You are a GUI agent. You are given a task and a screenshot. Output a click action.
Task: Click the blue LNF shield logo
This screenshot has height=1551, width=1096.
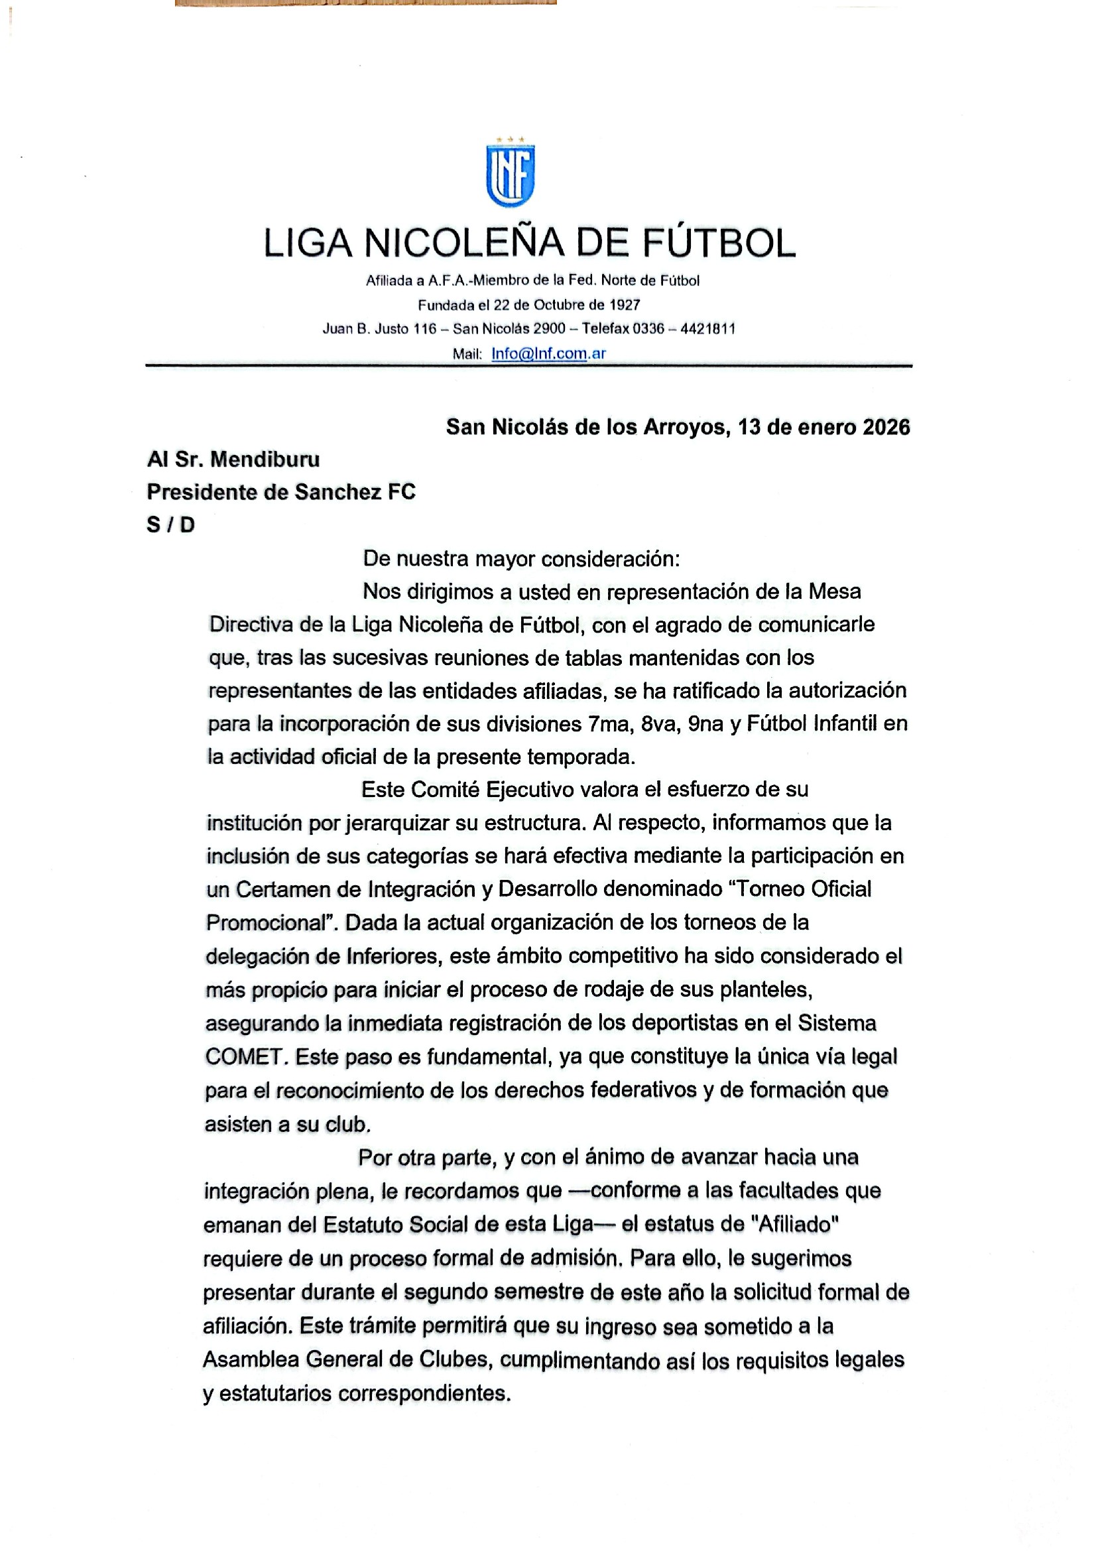[x=511, y=174]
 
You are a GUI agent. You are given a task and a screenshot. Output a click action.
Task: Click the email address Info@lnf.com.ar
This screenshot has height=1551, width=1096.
[x=548, y=353]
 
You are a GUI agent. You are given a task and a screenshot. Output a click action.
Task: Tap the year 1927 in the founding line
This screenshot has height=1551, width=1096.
[x=624, y=304]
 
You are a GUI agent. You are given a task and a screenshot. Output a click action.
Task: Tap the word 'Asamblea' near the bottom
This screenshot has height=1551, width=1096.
[x=249, y=1359]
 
